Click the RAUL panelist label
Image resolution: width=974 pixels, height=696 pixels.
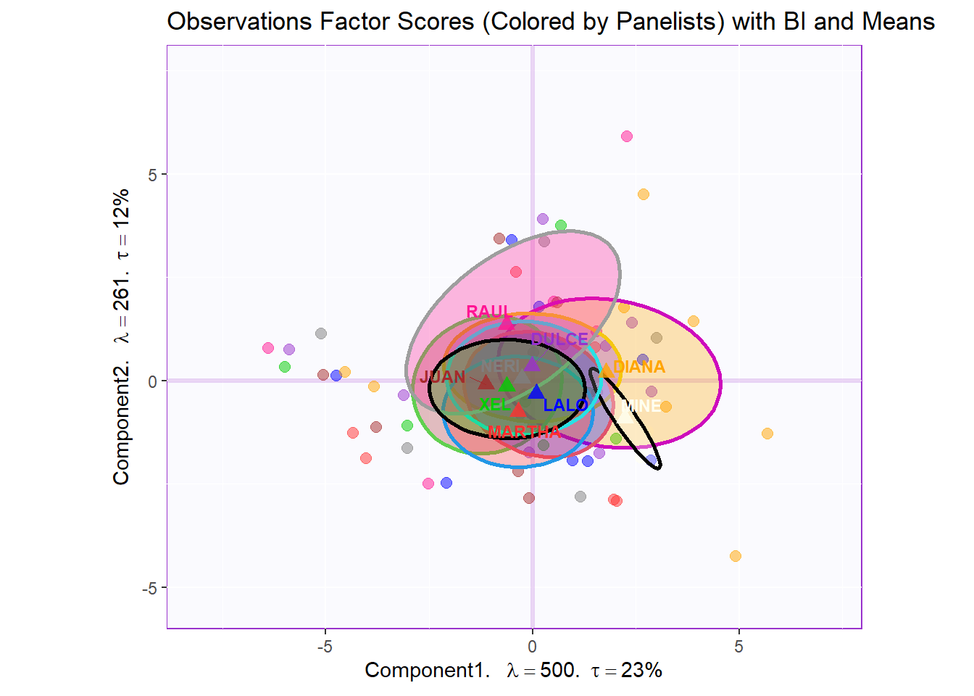click(488, 312)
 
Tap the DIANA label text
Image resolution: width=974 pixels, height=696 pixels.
click(638, 367)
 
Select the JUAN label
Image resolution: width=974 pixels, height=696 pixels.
click(442, 377)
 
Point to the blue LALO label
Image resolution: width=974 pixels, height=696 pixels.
click(565, 405)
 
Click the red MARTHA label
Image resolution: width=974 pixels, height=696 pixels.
click(524, 432)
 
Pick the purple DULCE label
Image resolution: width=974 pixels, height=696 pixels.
click(559, 339)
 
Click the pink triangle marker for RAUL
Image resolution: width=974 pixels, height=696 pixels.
click(507, 322)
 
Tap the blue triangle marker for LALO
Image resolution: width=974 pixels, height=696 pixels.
click(536, 392)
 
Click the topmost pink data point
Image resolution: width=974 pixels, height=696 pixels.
click(627, 136)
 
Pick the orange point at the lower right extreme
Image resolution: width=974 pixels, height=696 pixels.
click(736, 556)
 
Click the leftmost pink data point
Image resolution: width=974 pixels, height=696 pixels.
click(268, 348)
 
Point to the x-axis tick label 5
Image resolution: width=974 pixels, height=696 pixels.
click(738, 647)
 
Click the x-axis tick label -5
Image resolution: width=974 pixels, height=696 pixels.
click(325, 647)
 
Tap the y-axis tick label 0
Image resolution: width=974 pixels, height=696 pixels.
click(152, 381)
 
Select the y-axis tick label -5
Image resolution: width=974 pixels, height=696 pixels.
click(149, 588)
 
